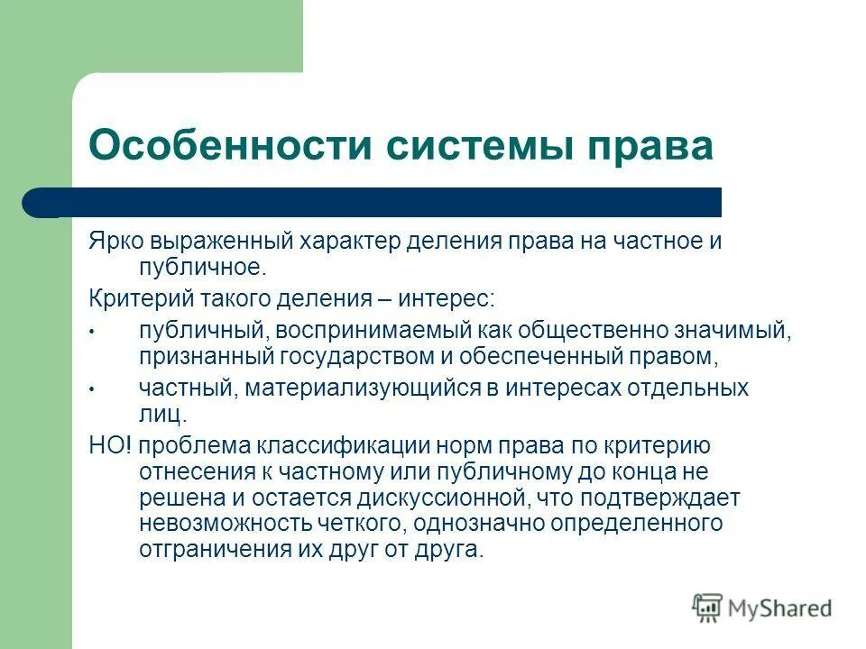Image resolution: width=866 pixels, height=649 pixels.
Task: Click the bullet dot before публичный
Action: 92,333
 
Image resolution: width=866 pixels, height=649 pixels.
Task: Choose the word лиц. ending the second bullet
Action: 163,415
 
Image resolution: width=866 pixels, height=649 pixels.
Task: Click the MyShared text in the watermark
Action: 778,608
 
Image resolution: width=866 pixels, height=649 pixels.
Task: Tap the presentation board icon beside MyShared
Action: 707,608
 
